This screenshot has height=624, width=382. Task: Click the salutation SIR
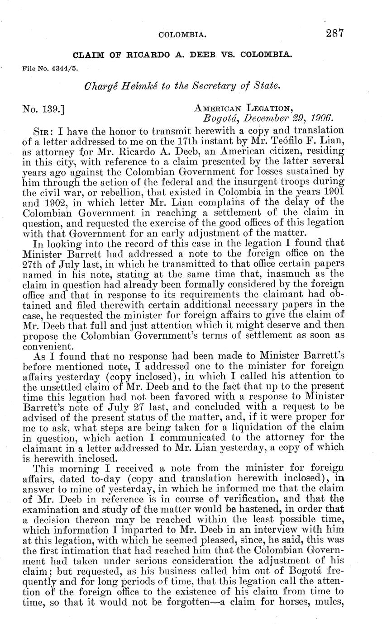coord(44,132)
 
